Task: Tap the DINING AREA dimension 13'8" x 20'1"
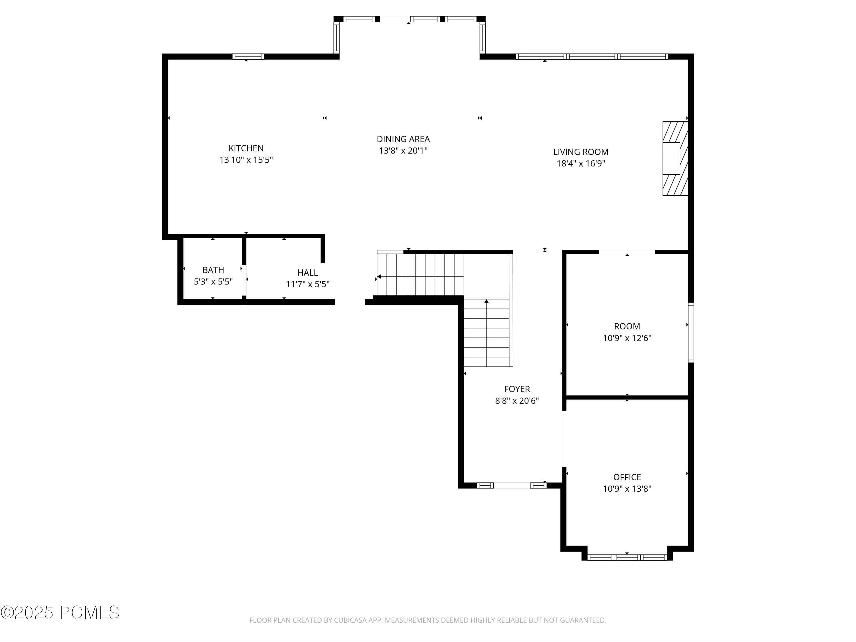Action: click(x=403, y=151)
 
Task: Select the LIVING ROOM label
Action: click(x=580, y=152)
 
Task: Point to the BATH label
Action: click(x=213, y=270)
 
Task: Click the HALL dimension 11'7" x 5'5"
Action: click(x=307, y=284)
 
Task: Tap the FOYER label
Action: click(x=517, y=389)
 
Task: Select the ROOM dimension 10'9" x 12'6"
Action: click(x=627, y=338)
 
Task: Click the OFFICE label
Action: click(x=627, y=477)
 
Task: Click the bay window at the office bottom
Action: click(x=627, y=557)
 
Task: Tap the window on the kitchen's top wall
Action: click(x=248, y=56)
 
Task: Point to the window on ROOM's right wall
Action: click(x=691, y=332)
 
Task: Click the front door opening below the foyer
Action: click(x=512, y=485)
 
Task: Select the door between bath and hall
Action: click(x=244, y=280)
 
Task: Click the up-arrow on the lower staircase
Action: click(x=486, y=301)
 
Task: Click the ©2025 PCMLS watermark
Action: click(x=60, y=613)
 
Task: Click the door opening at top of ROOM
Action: click(x=627, y=252)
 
